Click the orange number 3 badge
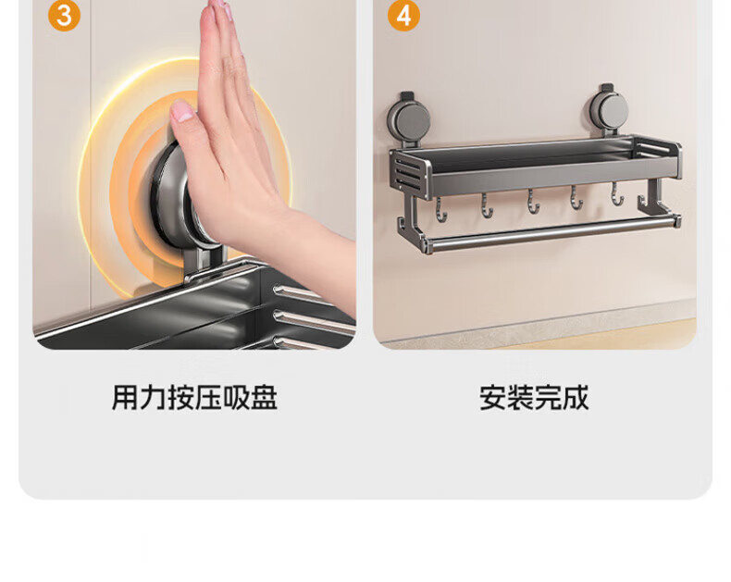click(65, 16)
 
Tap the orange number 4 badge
click(403, 16)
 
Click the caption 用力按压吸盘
click(194, 398)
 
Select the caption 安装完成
click(534, 398)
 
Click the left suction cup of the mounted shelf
click(408, 120)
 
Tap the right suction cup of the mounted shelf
click(608, 111)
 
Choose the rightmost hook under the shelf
click(617, 193)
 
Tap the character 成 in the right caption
click(576, 398)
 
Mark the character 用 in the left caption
click(125, 398)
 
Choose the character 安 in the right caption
click(493, 398)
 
